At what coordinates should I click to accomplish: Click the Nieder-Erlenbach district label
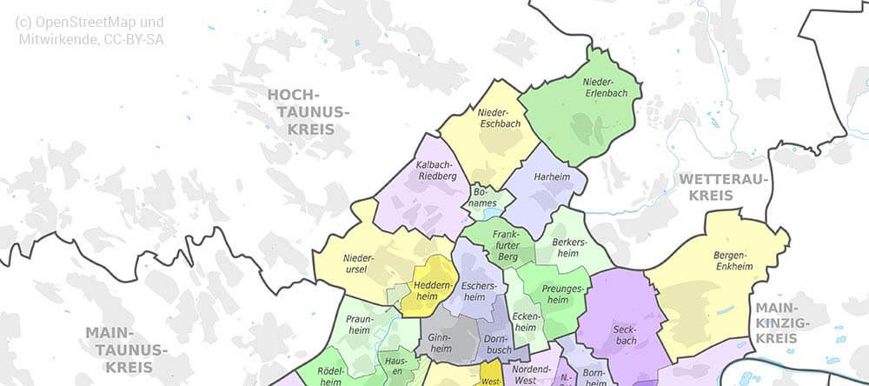tap(593, 87)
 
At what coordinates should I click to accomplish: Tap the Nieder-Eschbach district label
tap(499, 118)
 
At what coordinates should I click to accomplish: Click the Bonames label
tap(484, 197)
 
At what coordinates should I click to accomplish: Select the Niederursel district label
tap(358, 263)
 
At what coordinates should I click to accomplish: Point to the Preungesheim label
tap(555, 294)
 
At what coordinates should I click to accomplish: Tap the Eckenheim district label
tap(525, 323)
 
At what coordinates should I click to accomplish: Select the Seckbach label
tap(624, 335)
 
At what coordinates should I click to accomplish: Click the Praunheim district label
tap(359, 324)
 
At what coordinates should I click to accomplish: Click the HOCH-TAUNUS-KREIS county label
tap(304, 111)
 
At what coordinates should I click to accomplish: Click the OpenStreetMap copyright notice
tap(90, 30)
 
